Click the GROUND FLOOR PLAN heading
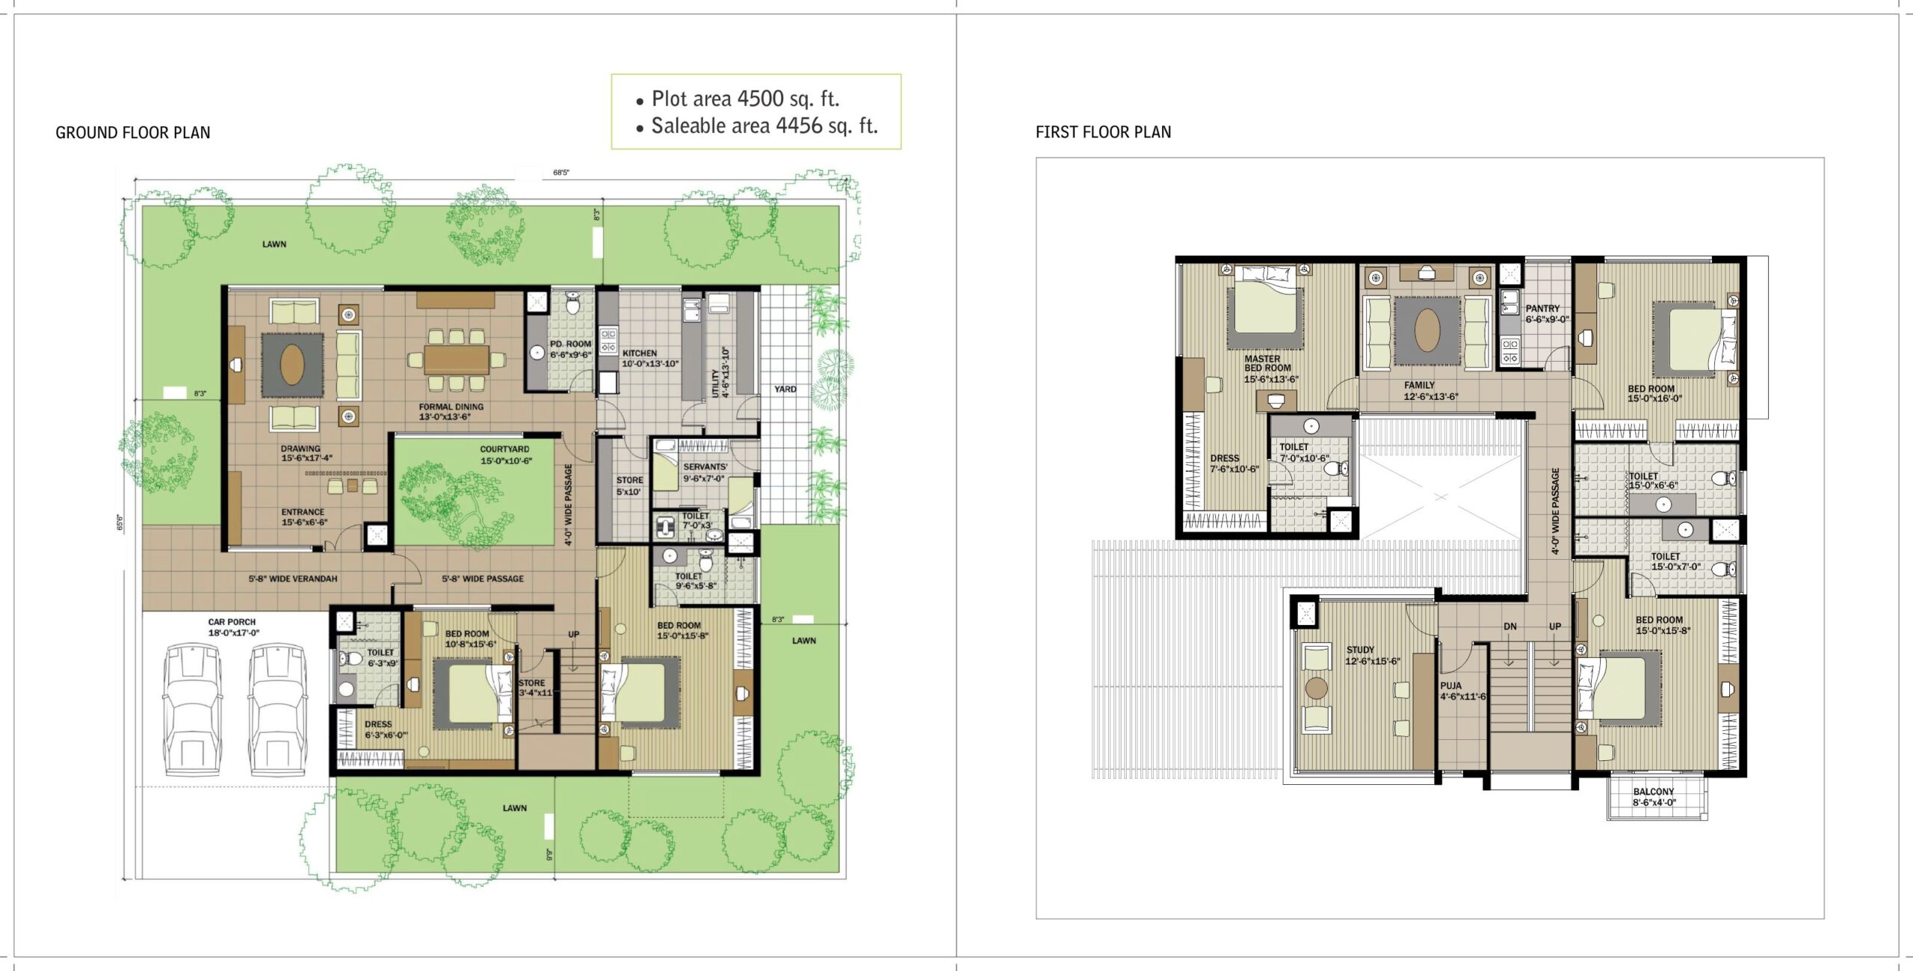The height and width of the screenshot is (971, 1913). [133, 133]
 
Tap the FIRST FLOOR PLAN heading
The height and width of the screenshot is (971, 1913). [1103, 132]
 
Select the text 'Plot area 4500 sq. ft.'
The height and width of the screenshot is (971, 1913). [746, 99]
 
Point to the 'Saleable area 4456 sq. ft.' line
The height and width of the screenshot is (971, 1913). [764, 126]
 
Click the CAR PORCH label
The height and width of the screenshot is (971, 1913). [232, 622]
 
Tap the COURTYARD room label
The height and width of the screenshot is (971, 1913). [504, 449]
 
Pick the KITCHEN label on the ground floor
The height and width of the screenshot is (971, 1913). [640, 353]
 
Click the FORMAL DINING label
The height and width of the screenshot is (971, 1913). [451, 407]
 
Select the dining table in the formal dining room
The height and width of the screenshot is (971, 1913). [456, 360]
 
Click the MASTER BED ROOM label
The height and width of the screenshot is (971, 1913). [1267, 363]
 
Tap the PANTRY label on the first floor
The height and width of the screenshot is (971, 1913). [1542, 308]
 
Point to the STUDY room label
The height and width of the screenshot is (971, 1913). [1360, 650]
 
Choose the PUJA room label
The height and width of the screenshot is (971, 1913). [1451, 685]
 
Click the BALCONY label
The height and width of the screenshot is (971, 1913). [1654, 792]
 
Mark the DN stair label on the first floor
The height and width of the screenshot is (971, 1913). [1510, 626]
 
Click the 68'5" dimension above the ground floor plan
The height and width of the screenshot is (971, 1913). [561, 173]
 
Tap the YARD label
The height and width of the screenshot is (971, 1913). [785, 389]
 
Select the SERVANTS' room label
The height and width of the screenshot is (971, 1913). [705, 466]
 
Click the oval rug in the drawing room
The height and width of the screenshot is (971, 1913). [292, 366]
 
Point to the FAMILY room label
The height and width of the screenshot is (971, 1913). [1419, 385]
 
